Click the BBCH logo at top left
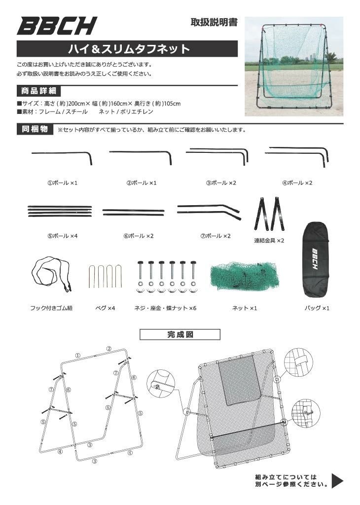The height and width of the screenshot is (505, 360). click(x=57, y=26)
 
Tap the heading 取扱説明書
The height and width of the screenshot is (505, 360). click(x=214, y=22)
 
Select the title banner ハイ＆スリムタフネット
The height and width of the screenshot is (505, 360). click(x=128, y=49)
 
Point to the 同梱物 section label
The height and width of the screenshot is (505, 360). click(x=35, y=130)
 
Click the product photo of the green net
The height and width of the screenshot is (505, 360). click(x=294, y=66)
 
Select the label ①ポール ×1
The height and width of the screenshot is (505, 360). click(x=62, y=183)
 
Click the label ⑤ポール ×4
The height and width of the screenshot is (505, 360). click(x=62, y=236)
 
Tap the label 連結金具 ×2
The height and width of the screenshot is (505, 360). click(x=269, y=240)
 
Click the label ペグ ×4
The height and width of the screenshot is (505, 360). click(x=105, y=308)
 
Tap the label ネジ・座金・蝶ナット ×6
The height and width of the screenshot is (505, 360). click(x=165, y=308)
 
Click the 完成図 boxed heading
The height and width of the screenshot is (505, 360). click(x=173, y=334)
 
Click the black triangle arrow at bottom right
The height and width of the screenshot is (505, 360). click(x=337, y=480)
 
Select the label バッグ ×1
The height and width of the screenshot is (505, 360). click(x=317, y=308)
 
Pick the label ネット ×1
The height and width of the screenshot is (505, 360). click(x=245, y=308)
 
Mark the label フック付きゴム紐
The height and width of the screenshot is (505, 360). click(x=51, y=308)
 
